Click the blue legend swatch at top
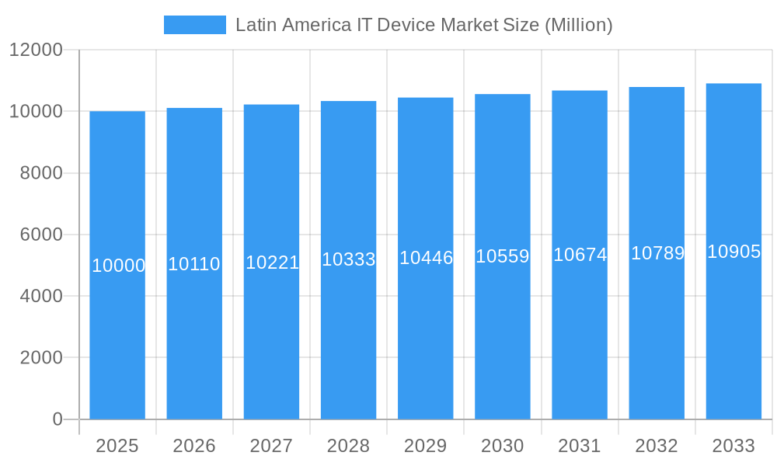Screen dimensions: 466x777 pyautogui.click(x=194, y=25)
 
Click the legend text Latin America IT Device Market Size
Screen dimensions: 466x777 pyautogui.click(x=423, y=25)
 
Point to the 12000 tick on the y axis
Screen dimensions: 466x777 pyautogui.click(x=36, y=50)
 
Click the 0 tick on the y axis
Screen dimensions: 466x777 pyautogui.click(x=57, y=419)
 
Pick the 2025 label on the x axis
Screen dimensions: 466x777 pyautogui.click(x=117, y=446)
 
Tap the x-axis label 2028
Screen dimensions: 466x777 pyautogui.click(x=348, y=446)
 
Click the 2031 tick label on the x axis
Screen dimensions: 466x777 pyautogui.click(x=580, y=446)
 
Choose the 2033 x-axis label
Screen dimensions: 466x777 pyautogui.click(x=733, y=446)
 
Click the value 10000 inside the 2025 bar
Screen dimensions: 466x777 pyautogui.click(x=118, y=266)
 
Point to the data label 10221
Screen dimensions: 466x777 pyautogui.click(x=272, y=263)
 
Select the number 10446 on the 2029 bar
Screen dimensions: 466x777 pyautogui.click(x=426, y=259)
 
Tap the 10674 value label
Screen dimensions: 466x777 pyautogui.click(x=580, y=255)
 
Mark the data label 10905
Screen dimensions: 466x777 pyautogui.click(x=733, y=252)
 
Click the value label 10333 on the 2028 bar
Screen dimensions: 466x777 pyautogui.click(x=349, y=260)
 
